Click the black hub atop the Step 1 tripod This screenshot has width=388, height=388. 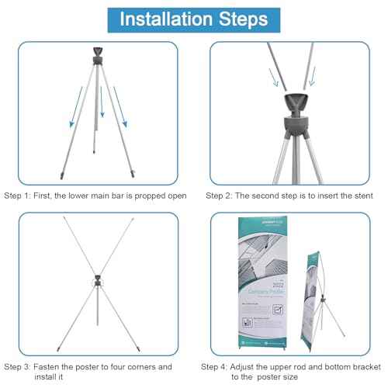pyautogui.click(x=99, y=55)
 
